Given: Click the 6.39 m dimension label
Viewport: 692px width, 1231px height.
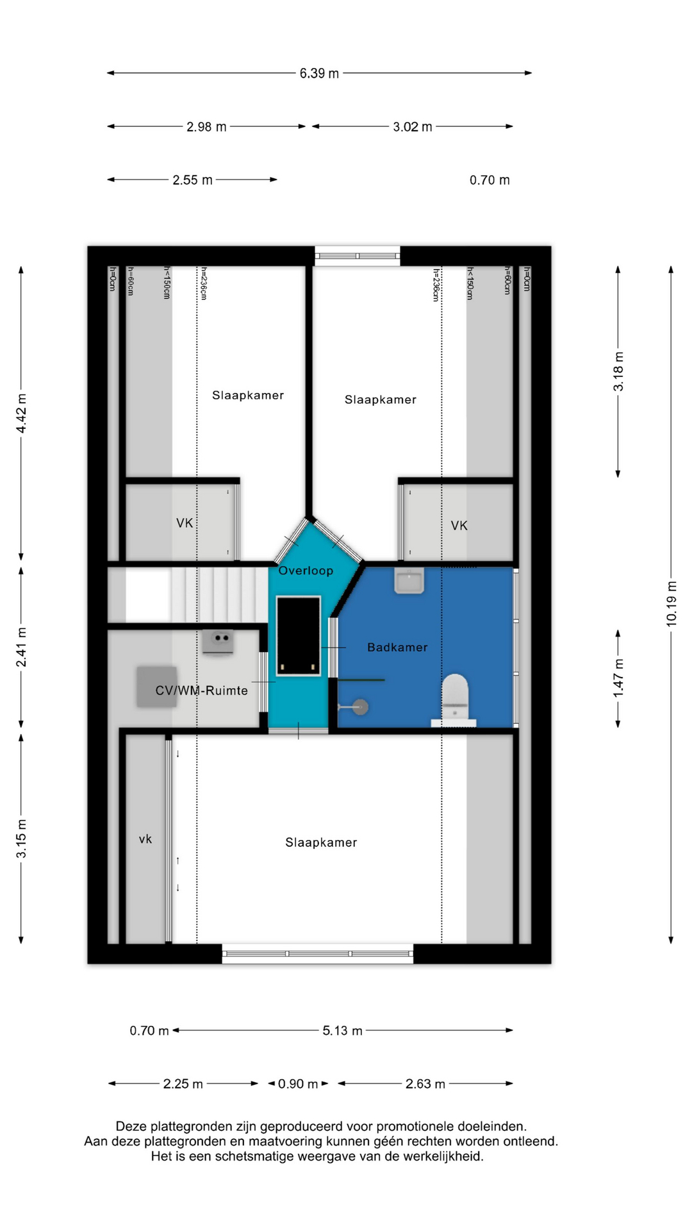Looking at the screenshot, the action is [x=319, y=74].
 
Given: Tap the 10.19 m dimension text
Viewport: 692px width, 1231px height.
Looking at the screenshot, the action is [x=671, y=603].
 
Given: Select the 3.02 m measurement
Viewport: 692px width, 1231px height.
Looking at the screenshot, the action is [x=412, y=127].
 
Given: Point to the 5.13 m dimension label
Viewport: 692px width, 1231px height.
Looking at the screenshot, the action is [x=342, y=1030].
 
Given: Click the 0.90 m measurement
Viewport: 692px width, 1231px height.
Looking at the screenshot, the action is [x=298, y=1084].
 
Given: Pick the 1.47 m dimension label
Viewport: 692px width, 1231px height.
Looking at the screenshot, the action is [x=618, y=678].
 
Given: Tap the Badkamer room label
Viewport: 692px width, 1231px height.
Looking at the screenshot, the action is [x=397, y=648].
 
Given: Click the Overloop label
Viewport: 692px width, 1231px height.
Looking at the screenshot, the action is [x=306, y=571].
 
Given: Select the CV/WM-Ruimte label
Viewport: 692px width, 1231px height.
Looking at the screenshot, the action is [x=201, y=691].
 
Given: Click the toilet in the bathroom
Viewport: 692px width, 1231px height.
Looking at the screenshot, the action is [x=455, y=699].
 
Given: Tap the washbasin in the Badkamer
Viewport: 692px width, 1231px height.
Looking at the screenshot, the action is [x=409, y=580].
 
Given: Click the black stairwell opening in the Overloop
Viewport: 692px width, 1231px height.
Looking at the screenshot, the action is [x=298, y=636].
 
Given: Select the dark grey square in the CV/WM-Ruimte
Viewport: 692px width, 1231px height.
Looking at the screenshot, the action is [x=156, y=687].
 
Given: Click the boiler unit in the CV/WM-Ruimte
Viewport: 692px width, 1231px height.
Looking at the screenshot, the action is [x=217, y=642].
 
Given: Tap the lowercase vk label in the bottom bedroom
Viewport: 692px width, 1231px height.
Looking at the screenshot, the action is [x=145, y=839].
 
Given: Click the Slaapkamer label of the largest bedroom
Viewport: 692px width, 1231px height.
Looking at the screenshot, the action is [x=321, y=842].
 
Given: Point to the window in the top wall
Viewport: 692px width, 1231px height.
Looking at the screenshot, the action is [x=358, y=256].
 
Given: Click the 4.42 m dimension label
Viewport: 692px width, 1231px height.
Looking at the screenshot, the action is [x=21, y=414].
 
